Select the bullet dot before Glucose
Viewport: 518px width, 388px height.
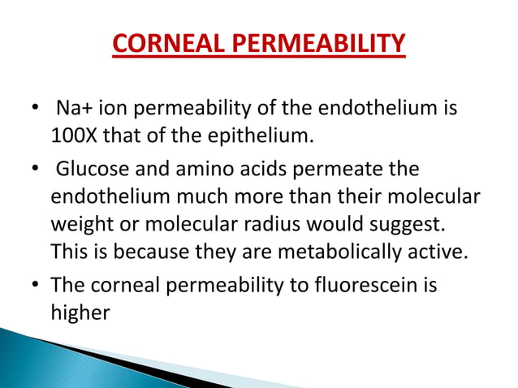pyautogui.click(x=32, y=171)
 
